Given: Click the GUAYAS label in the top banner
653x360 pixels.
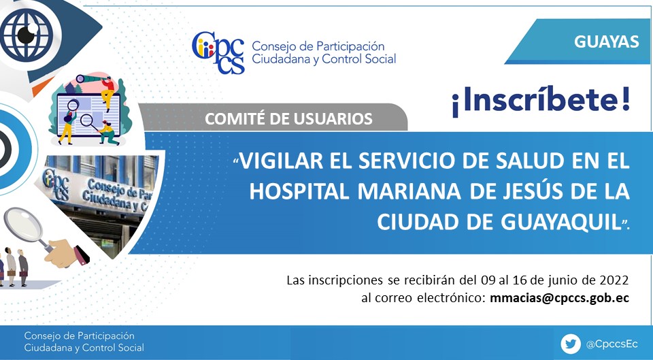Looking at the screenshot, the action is point(606,42).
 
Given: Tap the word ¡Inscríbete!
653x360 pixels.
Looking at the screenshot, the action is point(541,101).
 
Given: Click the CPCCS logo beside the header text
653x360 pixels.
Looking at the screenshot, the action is point(218,52).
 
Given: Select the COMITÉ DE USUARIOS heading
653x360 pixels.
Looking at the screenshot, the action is point(288,118).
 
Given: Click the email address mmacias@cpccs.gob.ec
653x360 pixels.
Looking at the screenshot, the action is point(559,298).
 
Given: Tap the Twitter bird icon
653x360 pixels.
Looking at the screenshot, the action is point(571,344).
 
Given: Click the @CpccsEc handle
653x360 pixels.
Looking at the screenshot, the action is point(612,344).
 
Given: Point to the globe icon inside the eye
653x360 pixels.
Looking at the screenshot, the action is point(27,35).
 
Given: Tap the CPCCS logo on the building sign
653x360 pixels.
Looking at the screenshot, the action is point(56,184).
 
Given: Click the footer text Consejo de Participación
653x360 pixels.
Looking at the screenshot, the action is point(79,336).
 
